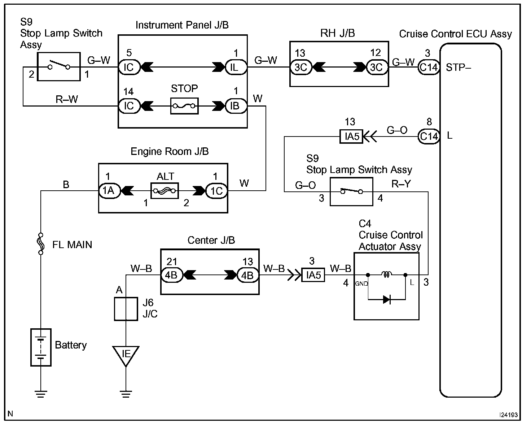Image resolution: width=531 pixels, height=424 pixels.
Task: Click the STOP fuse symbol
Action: click(x=184, y=106)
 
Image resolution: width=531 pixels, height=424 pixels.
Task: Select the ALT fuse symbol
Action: click(x=165, y=191)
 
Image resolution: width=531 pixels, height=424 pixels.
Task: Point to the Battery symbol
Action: click(x=41, y=347)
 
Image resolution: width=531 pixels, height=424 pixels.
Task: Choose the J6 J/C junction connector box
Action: click(x=126, y=309)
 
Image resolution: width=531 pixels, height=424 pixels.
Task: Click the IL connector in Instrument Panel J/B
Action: click(x=236, y=67)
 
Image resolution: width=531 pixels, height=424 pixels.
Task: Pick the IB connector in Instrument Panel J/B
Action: click(x=236, y=106)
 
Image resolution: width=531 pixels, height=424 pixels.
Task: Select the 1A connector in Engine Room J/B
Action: click(x=109, y=191)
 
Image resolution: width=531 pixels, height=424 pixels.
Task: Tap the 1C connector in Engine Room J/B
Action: click(x=216, y=191)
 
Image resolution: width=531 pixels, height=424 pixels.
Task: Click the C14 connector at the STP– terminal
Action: click(x=429, y=67)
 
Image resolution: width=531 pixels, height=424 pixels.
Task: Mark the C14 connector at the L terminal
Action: click(x=429, y=136)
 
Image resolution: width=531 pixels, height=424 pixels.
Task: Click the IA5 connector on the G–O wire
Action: click(x=351, y=137)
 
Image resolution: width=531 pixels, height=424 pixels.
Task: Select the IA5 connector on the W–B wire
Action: click(x=313, y=276)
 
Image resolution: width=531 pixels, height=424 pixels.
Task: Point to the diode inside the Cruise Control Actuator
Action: click(x=387, y=299)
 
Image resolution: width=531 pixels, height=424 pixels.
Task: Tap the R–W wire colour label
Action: click(x=67, y=99)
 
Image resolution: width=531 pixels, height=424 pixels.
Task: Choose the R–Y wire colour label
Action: click(x=401, y=184)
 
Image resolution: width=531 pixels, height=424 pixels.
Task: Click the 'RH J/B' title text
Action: click(x=338, y=33)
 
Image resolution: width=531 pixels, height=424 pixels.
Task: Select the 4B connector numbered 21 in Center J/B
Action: click(x=171, y=276)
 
